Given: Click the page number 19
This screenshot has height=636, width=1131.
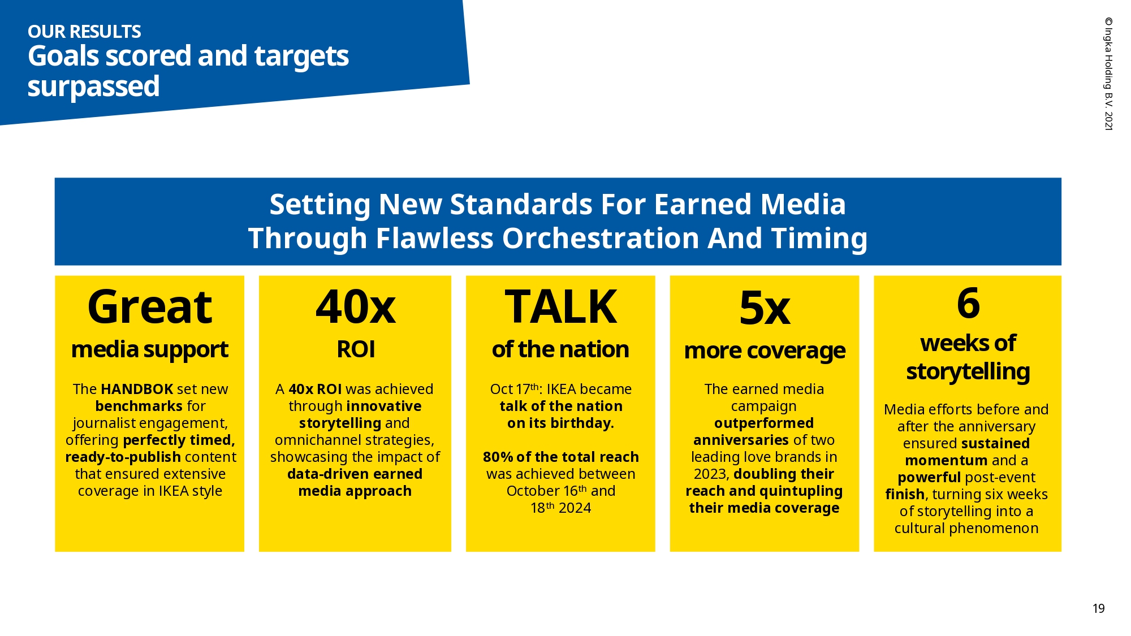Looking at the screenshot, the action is [1098, 608].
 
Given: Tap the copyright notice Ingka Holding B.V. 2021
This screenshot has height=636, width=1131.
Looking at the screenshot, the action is [1109, 74].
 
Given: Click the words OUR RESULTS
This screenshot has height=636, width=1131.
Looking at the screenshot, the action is [84, 32].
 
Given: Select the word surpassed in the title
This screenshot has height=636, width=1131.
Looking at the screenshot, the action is [93, 86].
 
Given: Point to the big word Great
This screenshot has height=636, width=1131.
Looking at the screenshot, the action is [150, 308].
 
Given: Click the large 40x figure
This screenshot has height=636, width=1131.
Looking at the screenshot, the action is [356, 307].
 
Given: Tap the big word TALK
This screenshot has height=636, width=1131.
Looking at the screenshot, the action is [560, 306].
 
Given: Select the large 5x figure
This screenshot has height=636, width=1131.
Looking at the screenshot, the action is [765, 308].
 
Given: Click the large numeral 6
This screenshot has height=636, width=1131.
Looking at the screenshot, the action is [968, 303].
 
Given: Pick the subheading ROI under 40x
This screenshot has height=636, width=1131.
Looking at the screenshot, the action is [356, 349].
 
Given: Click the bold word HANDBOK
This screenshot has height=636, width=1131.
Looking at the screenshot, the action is [137, 389].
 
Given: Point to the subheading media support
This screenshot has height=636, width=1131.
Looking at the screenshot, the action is [150, 350].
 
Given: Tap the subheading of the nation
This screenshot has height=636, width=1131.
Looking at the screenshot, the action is [560, 349].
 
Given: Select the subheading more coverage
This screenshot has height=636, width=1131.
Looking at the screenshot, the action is [765, 351].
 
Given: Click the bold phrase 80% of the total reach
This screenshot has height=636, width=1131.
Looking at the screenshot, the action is [560, 457].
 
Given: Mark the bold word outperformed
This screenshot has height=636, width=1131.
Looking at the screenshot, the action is [764, 423].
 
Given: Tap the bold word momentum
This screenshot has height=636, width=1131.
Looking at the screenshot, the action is [946, 461].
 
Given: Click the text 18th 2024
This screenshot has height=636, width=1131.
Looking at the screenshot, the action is [560, 508].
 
